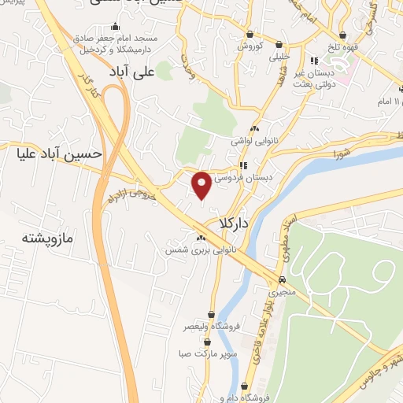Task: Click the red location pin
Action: pos(201,185)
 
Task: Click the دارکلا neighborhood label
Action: pos(234,224)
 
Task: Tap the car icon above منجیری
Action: pos(282,280)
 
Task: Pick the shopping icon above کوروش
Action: pos(250,34)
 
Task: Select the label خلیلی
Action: pos(279,57)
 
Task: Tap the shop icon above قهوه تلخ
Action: pos(343,34)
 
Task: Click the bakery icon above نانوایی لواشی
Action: pos(253,129)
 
